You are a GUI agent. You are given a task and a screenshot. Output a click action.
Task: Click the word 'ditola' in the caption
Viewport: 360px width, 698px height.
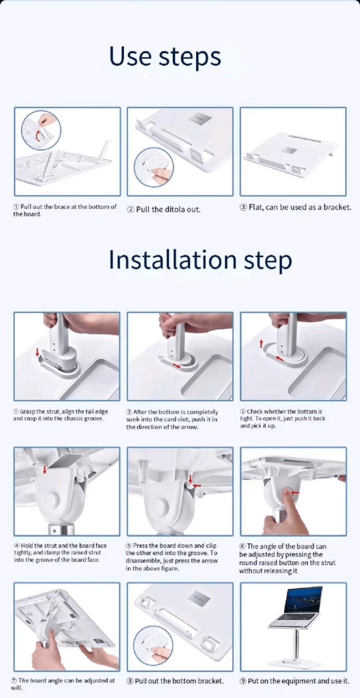pos(175,209)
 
